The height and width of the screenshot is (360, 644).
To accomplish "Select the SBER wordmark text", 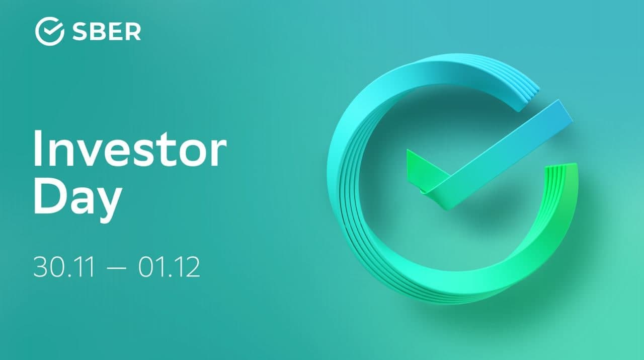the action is pos(107,31).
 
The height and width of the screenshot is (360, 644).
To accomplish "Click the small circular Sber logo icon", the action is pos(49,31).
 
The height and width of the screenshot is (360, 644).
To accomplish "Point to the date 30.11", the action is pos(64,267).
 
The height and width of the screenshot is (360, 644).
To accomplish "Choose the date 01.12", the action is pos(169,267).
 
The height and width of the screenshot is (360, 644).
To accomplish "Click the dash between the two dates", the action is pos(116,268).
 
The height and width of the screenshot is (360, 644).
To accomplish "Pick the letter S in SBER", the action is pos(79,31).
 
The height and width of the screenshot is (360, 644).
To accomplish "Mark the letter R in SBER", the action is pos(134,31).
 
